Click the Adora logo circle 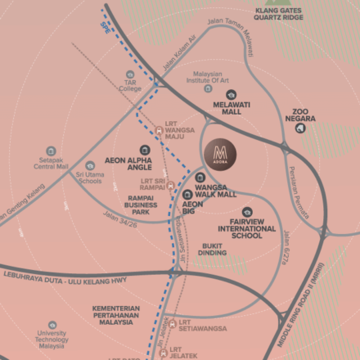pos(218,153)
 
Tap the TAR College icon pos(130,74)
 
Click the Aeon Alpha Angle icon pos(145,151)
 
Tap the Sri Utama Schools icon pos(90,166)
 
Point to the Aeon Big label pos(192,207)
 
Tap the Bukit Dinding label pos(213,249)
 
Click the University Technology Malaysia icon pos(52,325)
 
